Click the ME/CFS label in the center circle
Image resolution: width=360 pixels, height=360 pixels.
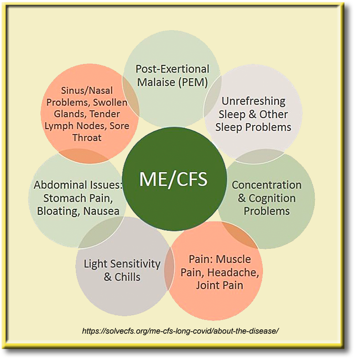pyautogui.click(x=173, y=179)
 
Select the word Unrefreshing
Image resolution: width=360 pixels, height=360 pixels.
pyautogui.click(x=254, y=101)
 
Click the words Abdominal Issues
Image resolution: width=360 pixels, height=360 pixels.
pyautogui.click(x=78, y=185)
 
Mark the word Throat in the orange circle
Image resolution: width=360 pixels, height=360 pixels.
pyautogui.click(x=87, y=138)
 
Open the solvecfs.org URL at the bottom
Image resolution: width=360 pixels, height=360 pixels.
pyautogui.click(x=180, y=331)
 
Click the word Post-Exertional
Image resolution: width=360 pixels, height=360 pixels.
pyautogui.click(x=172, y=69)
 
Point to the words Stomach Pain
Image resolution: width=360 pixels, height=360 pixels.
pyautogui.click(x=78, y=198)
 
